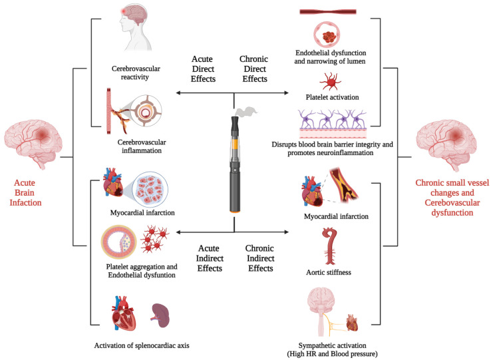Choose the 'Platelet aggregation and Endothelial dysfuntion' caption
(144, 271)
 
